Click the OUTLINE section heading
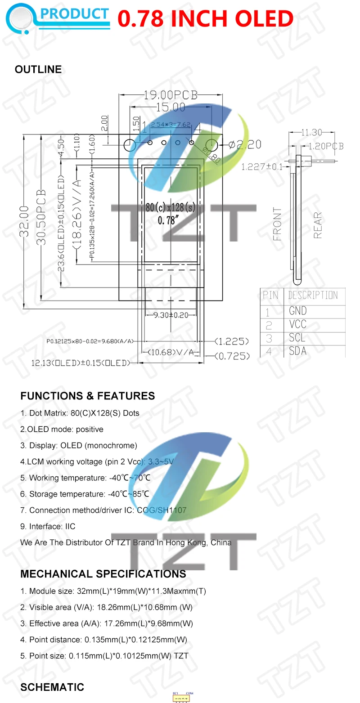(x=38, y=69)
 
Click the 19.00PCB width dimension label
(x=171, y=95)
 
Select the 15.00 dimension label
(x=170, y=107)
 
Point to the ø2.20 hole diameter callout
(x=245, y=144)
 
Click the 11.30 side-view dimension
(x=311, y=132)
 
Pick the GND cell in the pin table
(x=297, y=311)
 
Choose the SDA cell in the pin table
(x=297, y=351)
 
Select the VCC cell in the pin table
(x=297, y=324)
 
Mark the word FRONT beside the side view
(x=277, y=224)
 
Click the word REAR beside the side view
(x=318, y=225)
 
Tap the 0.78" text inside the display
(x=166, y=220)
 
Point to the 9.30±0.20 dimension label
(x=171, y=315)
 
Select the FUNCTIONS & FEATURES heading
(x=87, y=396)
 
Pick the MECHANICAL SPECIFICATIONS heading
(x=103, y=574)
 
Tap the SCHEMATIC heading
(x=52, y=687)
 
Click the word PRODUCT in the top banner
(x=74, y=14)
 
